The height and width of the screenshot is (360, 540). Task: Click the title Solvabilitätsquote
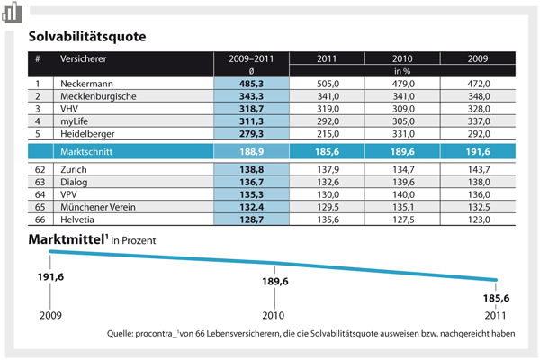coord(87,37)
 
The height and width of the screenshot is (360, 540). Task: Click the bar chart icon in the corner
coord(13,12)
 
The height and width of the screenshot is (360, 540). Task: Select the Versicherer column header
coord(84,58)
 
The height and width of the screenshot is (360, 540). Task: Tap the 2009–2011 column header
coord(251,58)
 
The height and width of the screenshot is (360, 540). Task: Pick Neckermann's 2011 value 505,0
coord(328,84)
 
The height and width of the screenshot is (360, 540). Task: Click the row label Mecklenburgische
coord(98,96)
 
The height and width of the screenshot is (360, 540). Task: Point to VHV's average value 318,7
coord(251,109)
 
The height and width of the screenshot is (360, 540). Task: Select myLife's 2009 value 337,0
coord(479,121)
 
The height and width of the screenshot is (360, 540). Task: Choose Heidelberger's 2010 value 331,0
coord(403,134)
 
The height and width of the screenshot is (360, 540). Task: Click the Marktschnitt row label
coord(86,152)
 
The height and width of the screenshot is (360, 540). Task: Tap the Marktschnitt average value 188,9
coord(251,152)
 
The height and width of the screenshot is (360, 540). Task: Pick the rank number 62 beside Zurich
coord(40,169)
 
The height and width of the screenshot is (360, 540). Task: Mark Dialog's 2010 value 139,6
coord(403,182)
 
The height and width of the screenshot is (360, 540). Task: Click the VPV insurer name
coord(68,194)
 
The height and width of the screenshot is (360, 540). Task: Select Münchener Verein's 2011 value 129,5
coord(328,207)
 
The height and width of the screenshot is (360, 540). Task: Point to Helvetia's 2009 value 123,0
coord(479,220)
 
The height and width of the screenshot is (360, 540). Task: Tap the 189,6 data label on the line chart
coord(275,282)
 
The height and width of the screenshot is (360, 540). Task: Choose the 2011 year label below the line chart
coord(495,315)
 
